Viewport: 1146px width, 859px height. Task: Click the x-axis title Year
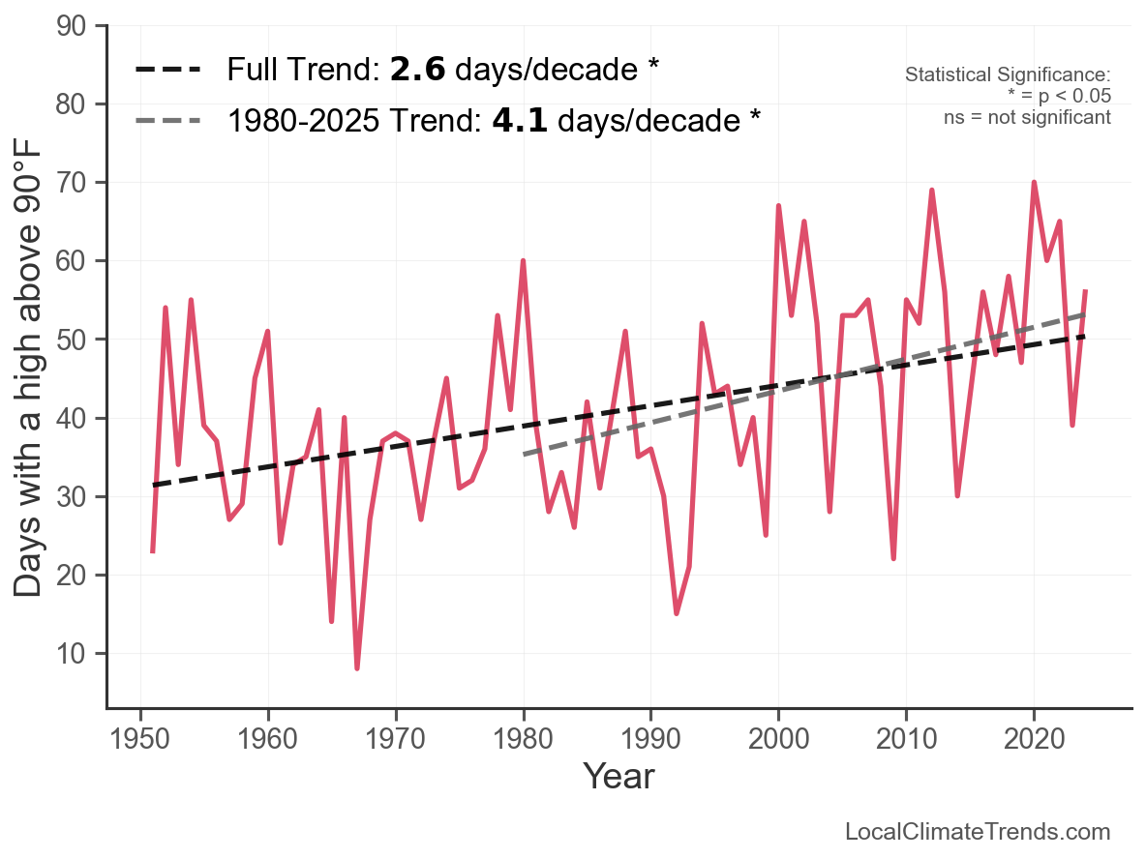tap(618, 776)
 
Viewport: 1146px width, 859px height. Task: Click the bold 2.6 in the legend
tap(418, 70)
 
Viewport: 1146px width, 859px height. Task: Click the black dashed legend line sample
tap(168, 70)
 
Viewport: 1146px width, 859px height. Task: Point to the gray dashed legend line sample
tap(168, 121)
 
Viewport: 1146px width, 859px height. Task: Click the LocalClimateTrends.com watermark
tap(978, 832)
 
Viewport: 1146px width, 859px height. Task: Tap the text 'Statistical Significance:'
tap(1008, 75)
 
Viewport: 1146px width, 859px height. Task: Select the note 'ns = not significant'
tap(1027, 118)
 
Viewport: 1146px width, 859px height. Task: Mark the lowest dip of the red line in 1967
tap(357, 668)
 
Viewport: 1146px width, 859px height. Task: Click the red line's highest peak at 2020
tap(1034, 182)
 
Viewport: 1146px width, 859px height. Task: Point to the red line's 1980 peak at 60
tap(524, 261)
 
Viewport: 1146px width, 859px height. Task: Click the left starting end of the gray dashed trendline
tap(524, 454)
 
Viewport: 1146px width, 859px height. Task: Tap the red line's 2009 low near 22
tap(893, 558)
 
